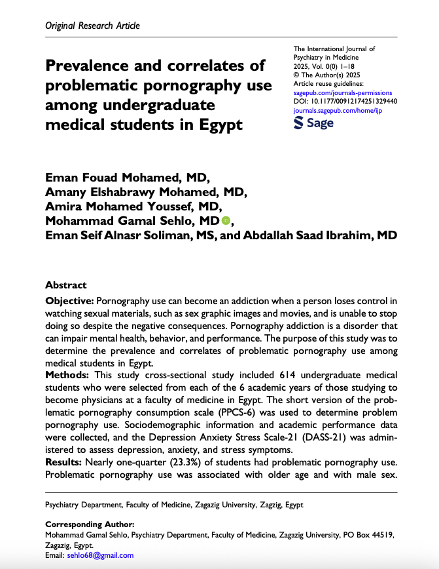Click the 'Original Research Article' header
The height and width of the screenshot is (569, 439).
click(x=92, y=26)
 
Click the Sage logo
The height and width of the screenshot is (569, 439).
click(x=313, y=123)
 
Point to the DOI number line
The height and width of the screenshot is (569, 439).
click(x=345, y=102)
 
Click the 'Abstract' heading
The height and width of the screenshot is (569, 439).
click(x=66, y=285)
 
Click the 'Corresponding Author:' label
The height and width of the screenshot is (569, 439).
click(x=89, y=525)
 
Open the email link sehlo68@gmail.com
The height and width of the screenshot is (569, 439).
click(x=99, y=555)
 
